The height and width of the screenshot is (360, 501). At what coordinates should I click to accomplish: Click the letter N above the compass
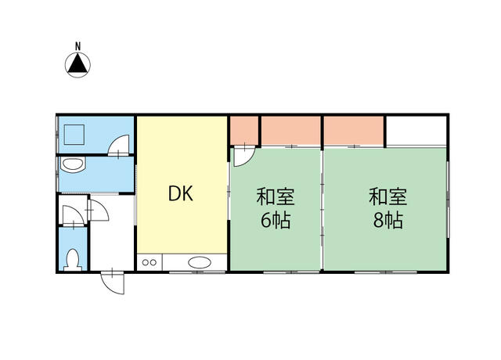point(77,46)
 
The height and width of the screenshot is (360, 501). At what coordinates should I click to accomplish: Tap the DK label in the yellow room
point(181,193)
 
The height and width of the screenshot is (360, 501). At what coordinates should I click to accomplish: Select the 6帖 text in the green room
point(276,220)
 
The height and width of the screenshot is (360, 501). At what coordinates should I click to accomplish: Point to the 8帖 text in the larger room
point(388,220)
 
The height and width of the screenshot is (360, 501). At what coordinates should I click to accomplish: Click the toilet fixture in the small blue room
point(73,260)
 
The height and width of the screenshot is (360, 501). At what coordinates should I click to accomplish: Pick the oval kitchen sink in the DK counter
point(200,263)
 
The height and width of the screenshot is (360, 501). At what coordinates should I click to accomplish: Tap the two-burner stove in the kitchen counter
point(150,263)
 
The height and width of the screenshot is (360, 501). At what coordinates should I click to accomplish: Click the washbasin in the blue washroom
point(73,165)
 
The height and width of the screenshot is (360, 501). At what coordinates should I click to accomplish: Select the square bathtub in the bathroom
point(74,135)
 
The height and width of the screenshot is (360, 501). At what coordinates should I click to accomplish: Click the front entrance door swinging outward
point(113,283)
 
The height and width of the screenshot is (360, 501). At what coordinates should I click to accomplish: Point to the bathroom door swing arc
point(119,146)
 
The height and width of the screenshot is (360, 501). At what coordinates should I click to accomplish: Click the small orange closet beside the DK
point(244,131)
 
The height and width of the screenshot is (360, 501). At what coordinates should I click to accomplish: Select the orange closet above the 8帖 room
point(354,131)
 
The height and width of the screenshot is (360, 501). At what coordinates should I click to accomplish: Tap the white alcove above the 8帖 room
point(416,131)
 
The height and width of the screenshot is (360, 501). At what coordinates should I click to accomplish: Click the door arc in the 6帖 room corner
point(243,157)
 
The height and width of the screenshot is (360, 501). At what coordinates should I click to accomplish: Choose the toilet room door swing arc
point(73,216)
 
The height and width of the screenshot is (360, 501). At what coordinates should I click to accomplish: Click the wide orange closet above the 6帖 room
point(291,131)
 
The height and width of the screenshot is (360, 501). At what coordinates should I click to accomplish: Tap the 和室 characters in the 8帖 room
point(388,196)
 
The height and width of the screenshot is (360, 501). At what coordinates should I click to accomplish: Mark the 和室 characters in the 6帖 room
point(276,196)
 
